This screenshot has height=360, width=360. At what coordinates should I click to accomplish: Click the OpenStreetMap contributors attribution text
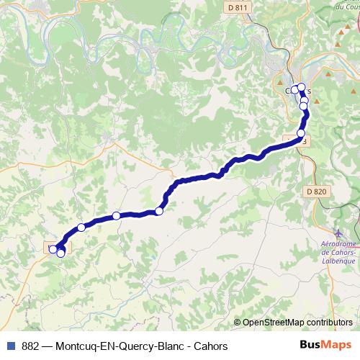297,323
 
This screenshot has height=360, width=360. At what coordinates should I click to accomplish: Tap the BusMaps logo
325,346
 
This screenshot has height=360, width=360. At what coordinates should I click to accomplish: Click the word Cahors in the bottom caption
211,346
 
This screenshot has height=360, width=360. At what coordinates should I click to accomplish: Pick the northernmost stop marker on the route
302,88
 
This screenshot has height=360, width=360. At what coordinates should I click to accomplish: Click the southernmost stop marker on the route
60,253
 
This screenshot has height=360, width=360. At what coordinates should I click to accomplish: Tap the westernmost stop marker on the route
53,249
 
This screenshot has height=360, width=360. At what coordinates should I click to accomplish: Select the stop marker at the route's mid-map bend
159,211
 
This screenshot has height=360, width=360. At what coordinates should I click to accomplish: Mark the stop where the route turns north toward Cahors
300,134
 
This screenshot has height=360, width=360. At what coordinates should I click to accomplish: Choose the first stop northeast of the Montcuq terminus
81,228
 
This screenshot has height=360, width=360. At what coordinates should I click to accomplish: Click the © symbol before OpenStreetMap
238,323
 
